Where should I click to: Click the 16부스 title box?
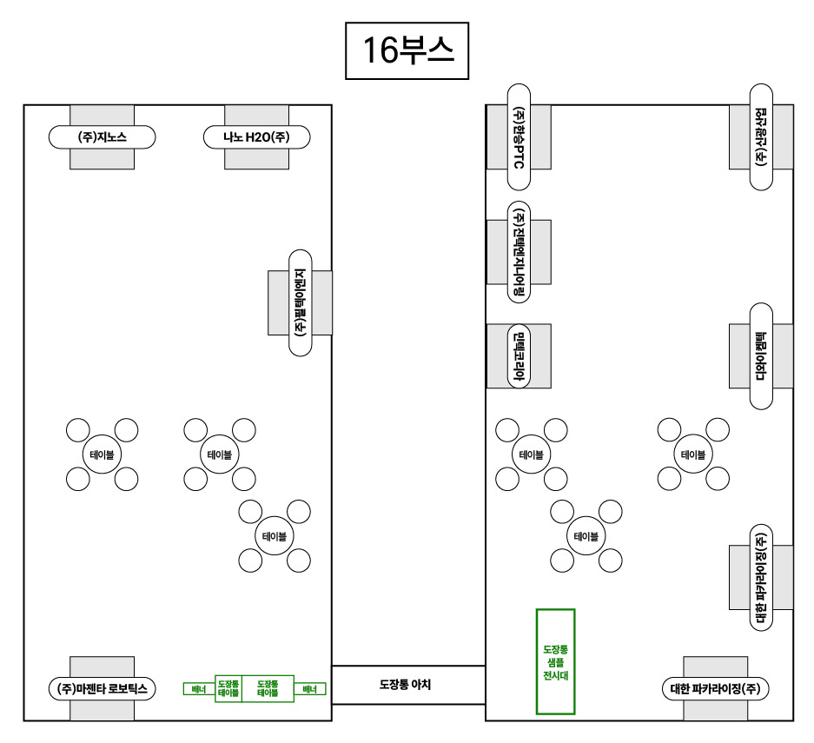click(x=407, y=51)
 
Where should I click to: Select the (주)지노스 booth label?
click(x=103, y=136)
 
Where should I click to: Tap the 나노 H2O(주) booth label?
click(x=256, y=136)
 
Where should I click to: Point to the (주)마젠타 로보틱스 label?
click(x=103, y=689)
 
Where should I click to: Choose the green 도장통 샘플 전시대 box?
click(x=555, y=661)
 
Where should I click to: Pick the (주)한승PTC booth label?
click(x=519, y=137)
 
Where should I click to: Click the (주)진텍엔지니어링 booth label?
click(x=519, y=252)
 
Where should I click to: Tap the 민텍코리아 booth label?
click(x=519, y=356)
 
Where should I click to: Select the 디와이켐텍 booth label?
click(x=761, y=356)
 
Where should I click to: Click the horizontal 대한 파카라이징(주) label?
click(x=716, y=689)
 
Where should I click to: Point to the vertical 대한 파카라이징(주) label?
click(x=761, y=577)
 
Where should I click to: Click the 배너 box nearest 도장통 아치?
click(x=308, y=689)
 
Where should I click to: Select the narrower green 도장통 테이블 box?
click(x=228, y=689)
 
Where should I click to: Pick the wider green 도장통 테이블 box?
click(x=267, y=689)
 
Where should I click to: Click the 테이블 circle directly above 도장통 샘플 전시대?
click(x=586, y=536)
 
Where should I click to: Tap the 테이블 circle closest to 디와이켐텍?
click(x=693, y=454)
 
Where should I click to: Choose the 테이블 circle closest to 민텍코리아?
click(x=531, y=454)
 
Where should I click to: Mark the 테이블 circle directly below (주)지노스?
click(x=103, y=454)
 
